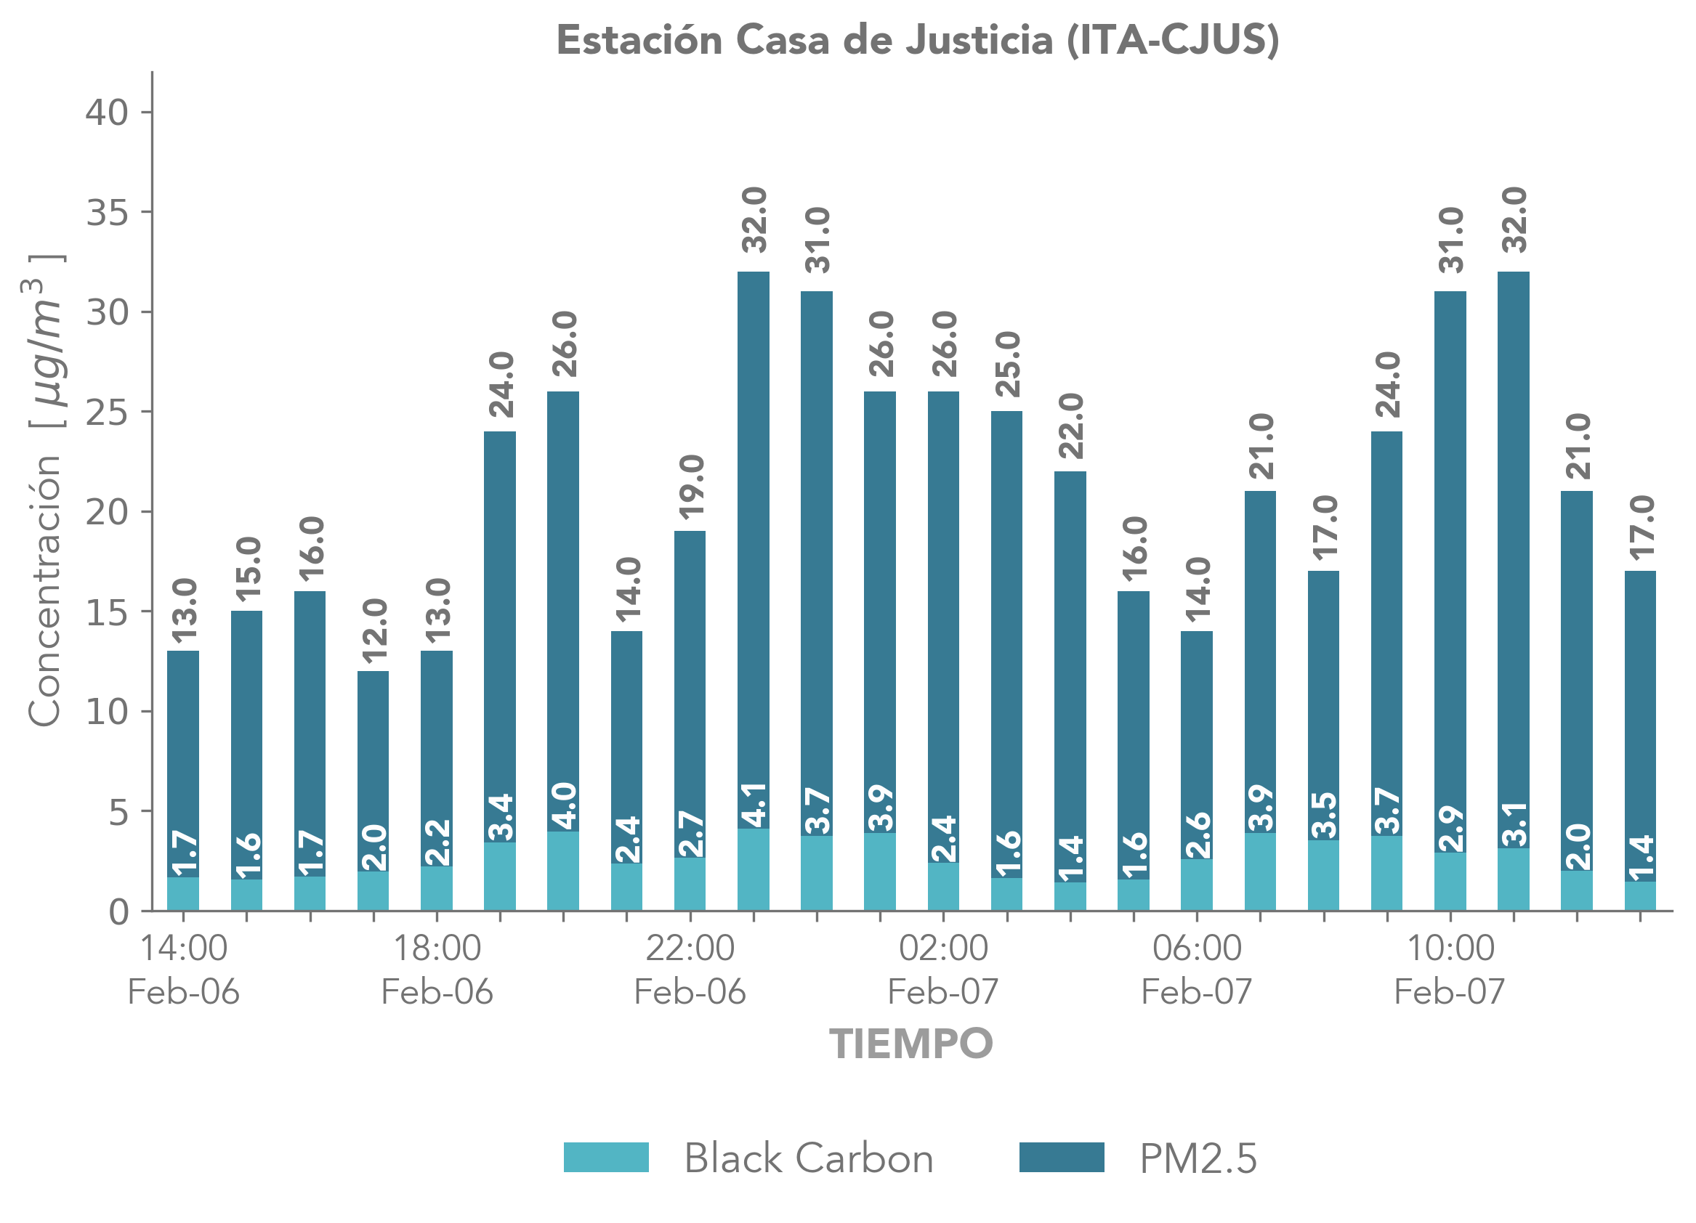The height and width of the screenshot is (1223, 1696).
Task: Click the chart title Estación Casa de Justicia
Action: coord(918,41)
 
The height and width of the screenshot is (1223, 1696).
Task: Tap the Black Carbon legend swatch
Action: coord(606,1156)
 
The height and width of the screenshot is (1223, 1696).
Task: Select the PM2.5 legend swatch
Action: coord(1061,1156)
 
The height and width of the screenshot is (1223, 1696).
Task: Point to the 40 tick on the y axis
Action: coord(107,113)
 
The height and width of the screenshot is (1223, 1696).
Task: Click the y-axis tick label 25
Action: coord(107,412)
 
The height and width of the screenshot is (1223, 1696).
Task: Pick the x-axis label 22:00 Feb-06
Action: coord(690,969)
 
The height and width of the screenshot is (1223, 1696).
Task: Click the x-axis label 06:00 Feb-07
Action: coord(1197,969)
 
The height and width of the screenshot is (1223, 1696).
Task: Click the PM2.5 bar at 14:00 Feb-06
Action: coord(183,763)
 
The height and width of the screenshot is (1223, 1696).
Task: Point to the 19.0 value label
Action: coord(690,487)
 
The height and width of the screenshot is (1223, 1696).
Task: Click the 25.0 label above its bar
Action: coord(1007,364)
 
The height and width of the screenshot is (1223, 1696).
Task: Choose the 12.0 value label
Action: coord(374,631)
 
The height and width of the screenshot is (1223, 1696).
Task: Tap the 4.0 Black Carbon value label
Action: coord(563,806)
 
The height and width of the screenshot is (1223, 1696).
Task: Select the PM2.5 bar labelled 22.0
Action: coord(1070,673)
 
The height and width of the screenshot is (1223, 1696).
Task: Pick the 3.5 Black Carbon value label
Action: coord(1324,815)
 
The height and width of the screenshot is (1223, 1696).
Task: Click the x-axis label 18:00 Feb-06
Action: coord(437,969)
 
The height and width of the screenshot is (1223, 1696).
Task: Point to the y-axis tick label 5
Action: coord(118,812)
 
